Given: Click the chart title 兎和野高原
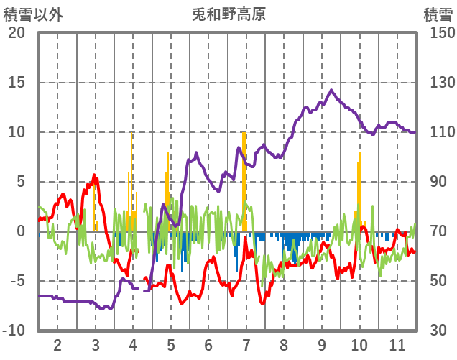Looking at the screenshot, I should (228, 14).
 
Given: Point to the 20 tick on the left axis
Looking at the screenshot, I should (17, 33).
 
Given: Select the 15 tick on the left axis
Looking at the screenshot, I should (17, 83).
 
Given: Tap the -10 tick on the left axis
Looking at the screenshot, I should (14, 331).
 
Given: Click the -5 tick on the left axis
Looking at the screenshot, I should (17, 281).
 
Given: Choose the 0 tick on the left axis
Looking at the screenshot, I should (21, 231).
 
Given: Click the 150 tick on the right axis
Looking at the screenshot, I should (437, 33).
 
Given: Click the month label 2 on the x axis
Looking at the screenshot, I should (57, 344).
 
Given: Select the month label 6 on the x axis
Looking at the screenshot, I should (208, 344).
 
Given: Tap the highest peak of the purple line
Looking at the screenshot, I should (331, 91).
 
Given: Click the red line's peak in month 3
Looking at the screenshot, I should (94, 177).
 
